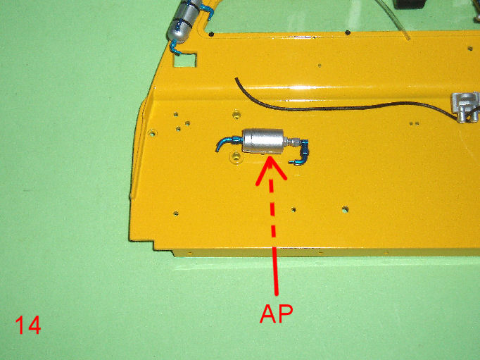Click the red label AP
tap(277, 314)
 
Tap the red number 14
tap(28, 325)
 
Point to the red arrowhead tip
tap(270, 157)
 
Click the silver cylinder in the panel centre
tap(263, 141)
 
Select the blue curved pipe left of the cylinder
tap(225, 143)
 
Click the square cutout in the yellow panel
tap(185, 60)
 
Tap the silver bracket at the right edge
tap(465, 106)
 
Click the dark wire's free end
tap(236, 79)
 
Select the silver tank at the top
tap(184, 21)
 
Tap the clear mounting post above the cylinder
tap(236, 115)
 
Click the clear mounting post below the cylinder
tap(236, 156)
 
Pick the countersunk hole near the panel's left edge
tap(152, 133)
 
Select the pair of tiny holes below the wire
tap(414, 123)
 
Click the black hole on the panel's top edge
tap(347, 32)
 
